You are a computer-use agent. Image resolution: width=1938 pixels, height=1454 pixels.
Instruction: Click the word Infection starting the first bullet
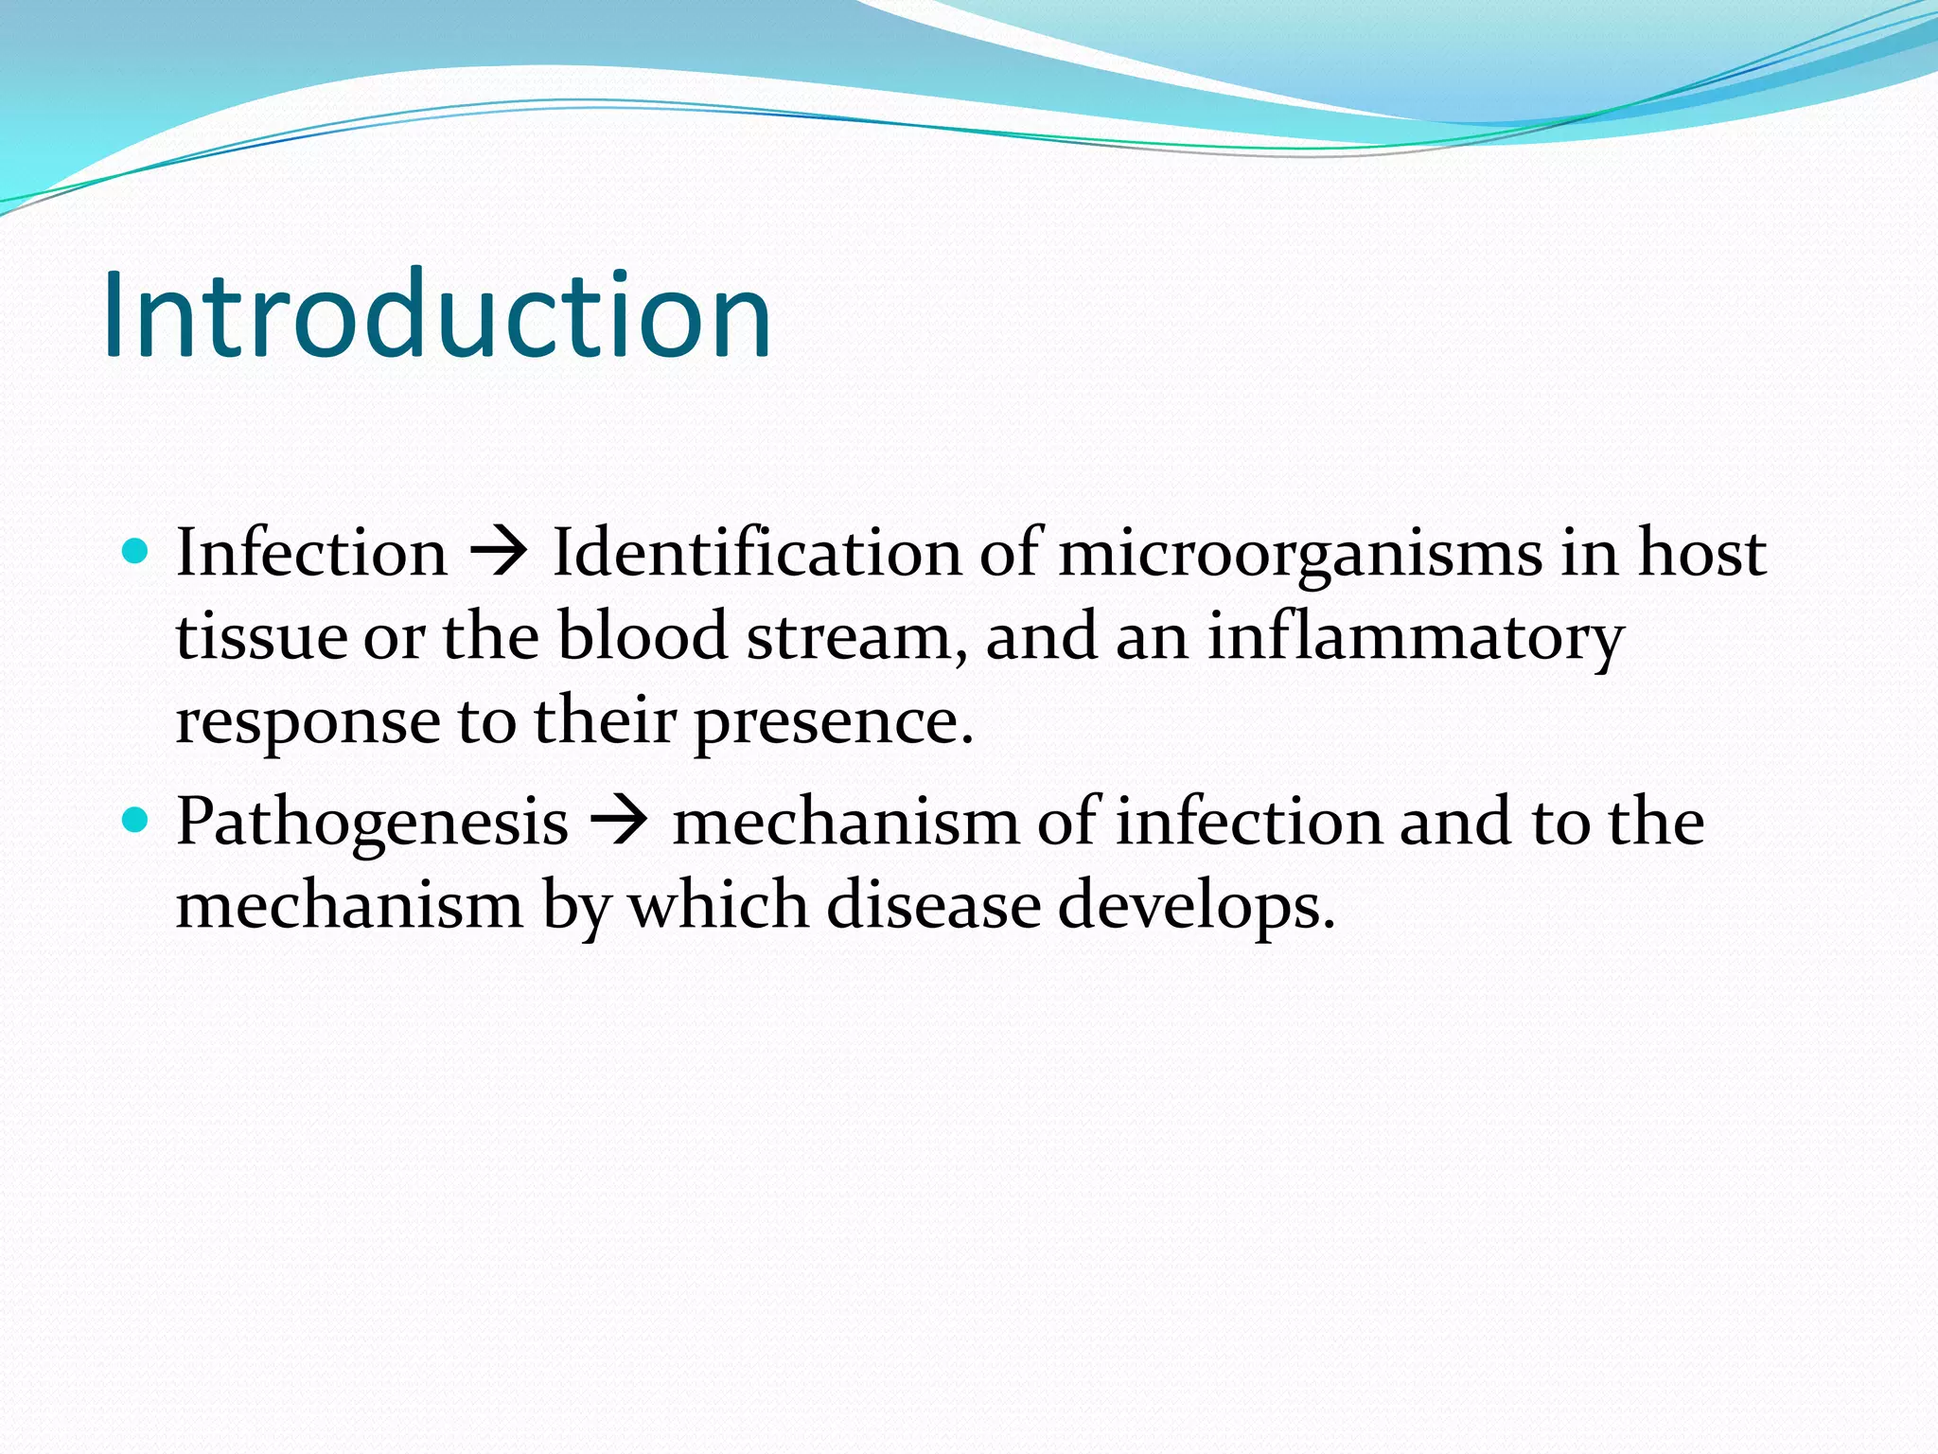pyautogui.click(x=311, y=552)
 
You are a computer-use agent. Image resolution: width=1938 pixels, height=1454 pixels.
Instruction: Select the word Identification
pyautogui.click(x=756, y=552)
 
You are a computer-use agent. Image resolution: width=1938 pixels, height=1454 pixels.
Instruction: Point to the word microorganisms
pyautogui.click(x=1299, y=554)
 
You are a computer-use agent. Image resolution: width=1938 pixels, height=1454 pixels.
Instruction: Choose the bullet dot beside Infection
pyautogui.click(x=136, y=551)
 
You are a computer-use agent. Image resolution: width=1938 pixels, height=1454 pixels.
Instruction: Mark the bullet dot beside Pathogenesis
pyautogui.click(x=136, y=820)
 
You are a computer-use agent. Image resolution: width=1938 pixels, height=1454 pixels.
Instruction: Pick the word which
pyautogui.click(x=719, y=905)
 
